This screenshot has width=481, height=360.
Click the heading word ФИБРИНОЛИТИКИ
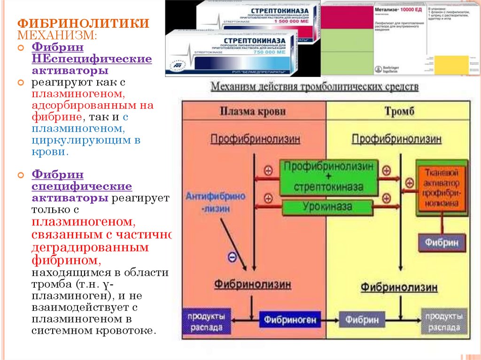tap(84, 23)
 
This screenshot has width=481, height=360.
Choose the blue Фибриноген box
tap(290, 320)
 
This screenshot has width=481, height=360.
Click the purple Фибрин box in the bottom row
tap(362, 320)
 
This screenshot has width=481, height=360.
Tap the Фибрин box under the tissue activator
tap(442, 242)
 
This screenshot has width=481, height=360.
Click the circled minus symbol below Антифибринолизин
tap(232, 256)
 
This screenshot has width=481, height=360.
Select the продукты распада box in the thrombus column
tap(444, 321)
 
